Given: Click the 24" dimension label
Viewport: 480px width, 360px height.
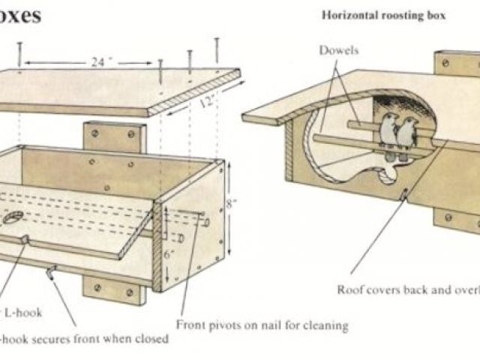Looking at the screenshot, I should (95, 63).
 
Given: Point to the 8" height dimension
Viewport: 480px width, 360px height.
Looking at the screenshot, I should (235, 200).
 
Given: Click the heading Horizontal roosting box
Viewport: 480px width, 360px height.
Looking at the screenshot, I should (384, 14).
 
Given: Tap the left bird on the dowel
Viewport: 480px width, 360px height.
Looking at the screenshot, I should (388, 133).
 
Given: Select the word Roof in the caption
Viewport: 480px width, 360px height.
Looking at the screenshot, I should (351, 289).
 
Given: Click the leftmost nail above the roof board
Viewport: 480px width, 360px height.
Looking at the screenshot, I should (19, 52).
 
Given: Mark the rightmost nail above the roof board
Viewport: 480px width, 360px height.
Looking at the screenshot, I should (217, 47).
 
